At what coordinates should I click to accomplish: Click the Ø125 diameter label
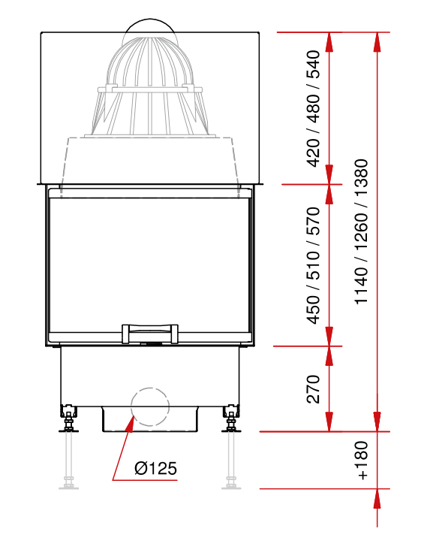click(156, 468)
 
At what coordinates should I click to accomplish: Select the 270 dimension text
click(313, 389)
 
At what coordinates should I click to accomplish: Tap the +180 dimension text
click(362, 461)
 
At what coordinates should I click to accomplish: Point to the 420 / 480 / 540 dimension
click(313, 108)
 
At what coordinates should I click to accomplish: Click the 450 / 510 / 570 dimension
click(313, 265)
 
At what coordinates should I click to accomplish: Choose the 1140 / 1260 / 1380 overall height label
click(362, 231)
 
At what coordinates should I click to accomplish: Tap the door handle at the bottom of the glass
click(150, 334)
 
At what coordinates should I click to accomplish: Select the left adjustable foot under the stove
click(68, 419)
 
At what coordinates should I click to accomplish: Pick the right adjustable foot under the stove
click(231, 419)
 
